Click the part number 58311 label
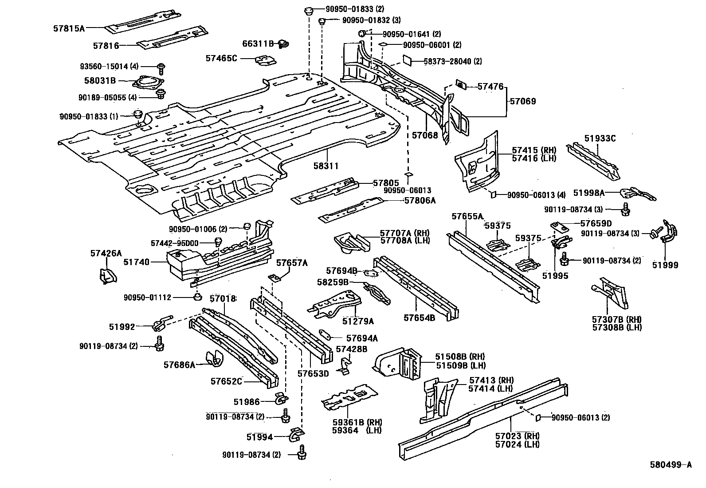pyautogui.click(x=326, y=166)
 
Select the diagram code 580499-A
pyautogui.click(x=671, y=465)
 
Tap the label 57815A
pyautogui.click(x=69, y=28)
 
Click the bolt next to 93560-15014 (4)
pyautogui.click(x=161, y=68)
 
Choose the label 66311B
pyautogui.click(x=258, y=44)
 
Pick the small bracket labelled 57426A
pyautogui.click(x=107, y=276)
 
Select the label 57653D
pyautogui.click(x=313, y=373)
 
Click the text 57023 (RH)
pyautogui.click(x=517, y=436)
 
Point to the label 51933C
pyautogui.click(x=600, y=139)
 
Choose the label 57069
pyautogui.click(x=522, y=101)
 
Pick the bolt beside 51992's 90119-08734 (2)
pyautogui.click(x=160, y=344)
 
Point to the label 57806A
pyautogui.click(x=420, y=200)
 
